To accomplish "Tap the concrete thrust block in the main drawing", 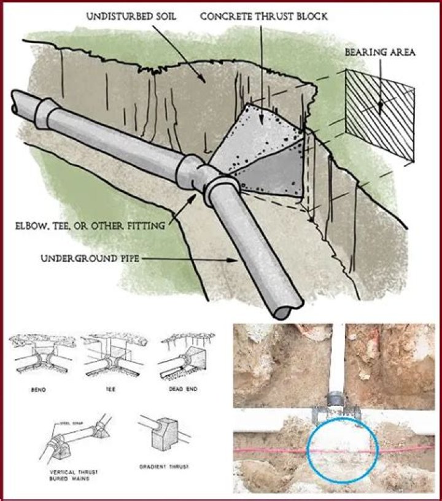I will [267, 153].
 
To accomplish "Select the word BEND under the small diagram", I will [41, 389].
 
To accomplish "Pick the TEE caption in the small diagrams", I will [110, 389].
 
